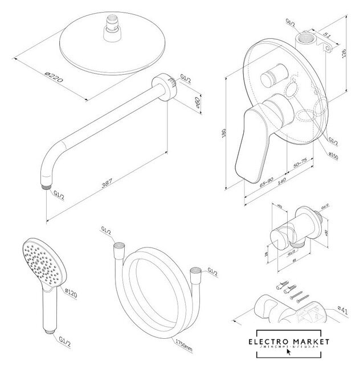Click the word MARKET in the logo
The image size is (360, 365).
point(311,342)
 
